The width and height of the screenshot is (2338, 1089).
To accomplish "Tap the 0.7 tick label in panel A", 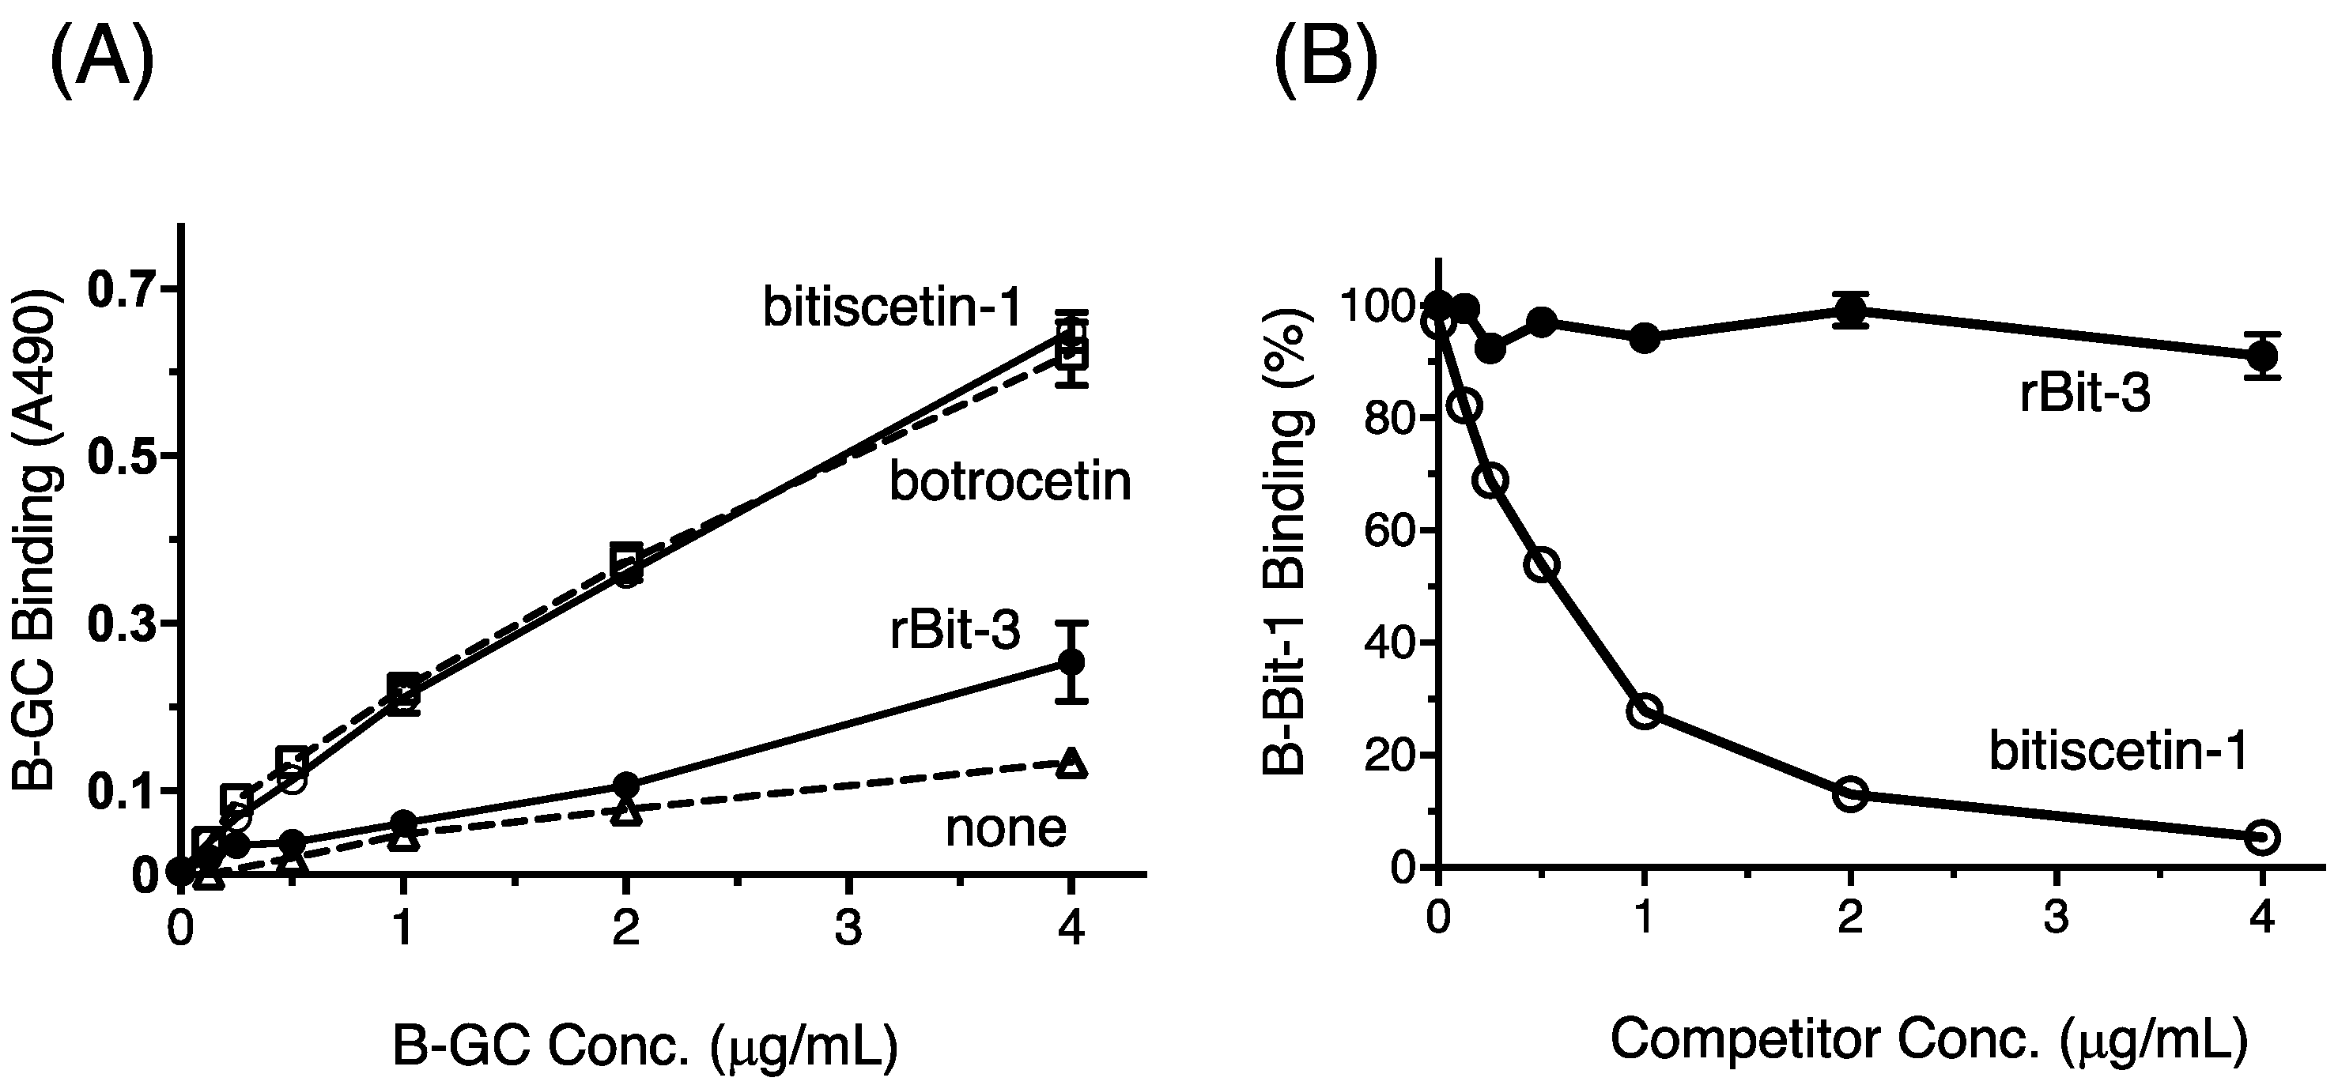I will (121, 289).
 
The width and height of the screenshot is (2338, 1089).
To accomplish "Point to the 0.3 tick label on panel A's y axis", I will (121, 624).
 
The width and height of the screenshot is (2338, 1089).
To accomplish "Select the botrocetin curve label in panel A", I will (1009, 481).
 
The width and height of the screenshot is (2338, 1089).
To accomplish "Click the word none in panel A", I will (1006, 827).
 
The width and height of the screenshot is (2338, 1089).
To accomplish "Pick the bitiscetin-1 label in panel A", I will (892, 307).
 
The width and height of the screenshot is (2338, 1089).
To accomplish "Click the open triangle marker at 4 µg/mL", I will (1072, 763).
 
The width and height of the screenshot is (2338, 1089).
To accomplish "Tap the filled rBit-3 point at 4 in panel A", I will (1072, 661).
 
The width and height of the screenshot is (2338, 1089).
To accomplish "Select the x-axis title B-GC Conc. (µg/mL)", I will (644, 1046).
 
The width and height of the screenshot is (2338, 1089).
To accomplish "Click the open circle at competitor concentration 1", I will (1645, 710).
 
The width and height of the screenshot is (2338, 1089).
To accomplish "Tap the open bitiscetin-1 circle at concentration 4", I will (2262, 837).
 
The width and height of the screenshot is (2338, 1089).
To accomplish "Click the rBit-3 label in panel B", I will (2085, 395).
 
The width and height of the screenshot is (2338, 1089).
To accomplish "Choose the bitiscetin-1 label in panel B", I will (2118, 752).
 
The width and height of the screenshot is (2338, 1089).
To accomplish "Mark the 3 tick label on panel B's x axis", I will (2056, 918).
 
